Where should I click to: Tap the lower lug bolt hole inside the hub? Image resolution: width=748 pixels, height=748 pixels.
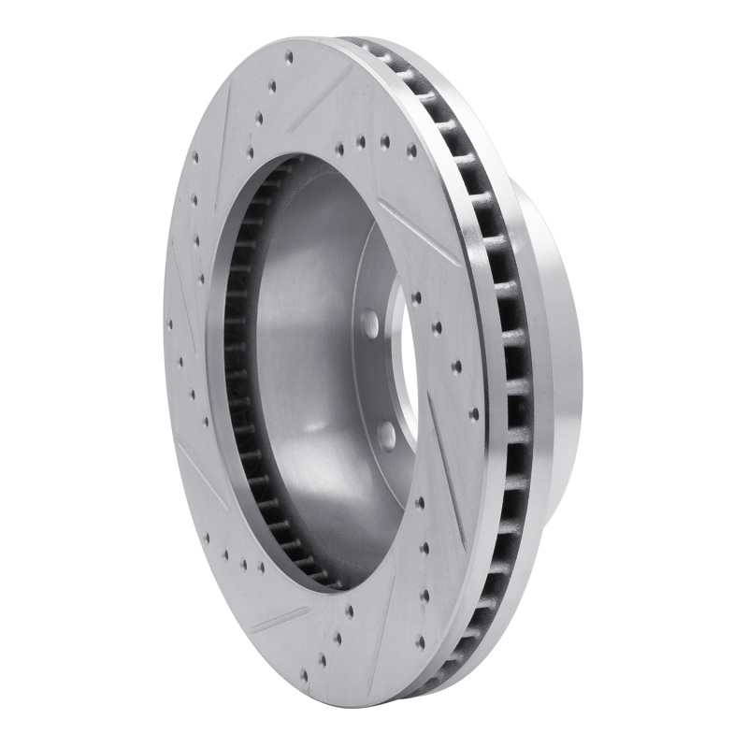tap(385, 432)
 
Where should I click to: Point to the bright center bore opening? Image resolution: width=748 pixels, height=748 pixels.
tap(404, 374)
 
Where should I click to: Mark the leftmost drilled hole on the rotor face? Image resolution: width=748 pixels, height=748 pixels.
tap(170, 327)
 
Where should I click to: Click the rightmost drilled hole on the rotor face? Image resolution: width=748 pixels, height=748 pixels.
tap(474, 412)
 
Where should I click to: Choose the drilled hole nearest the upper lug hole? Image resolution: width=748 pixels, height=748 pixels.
tap(415, 299)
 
